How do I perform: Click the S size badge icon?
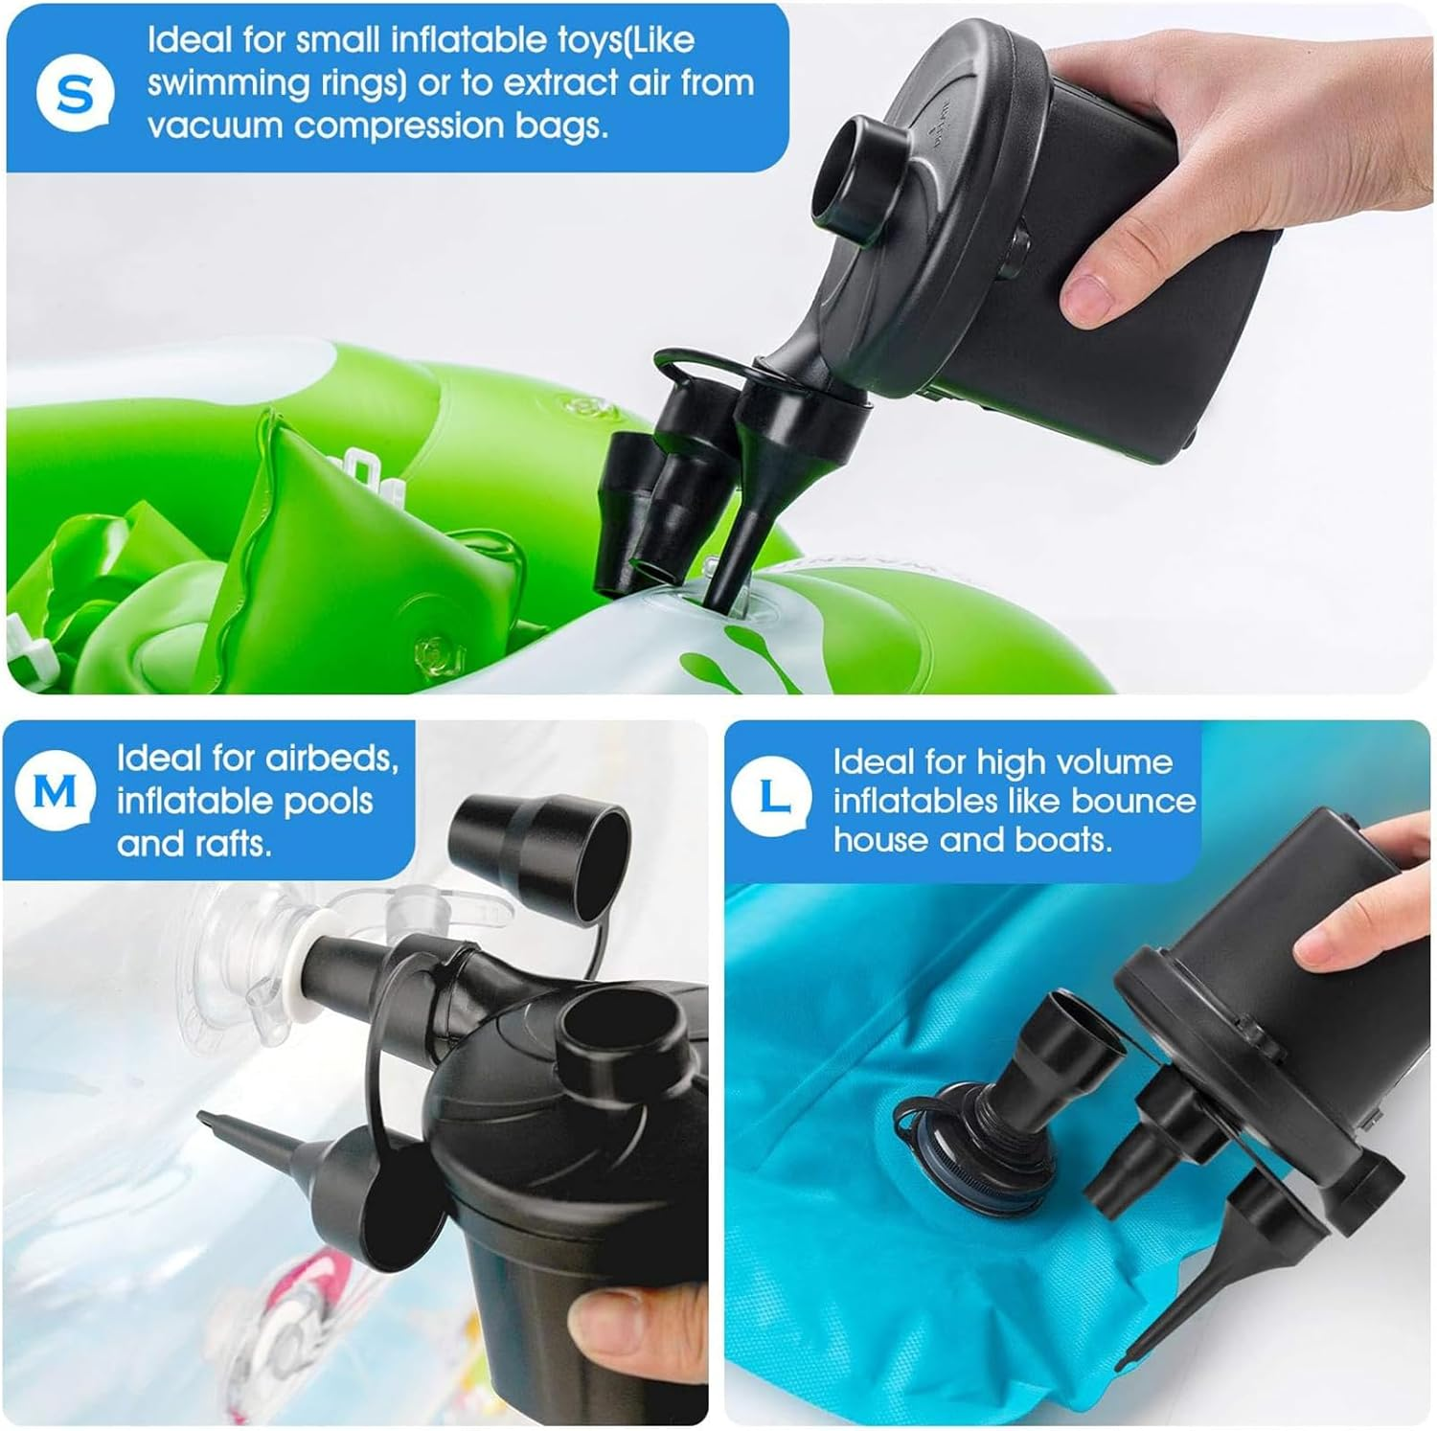coord(75,94)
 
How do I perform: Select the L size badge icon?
coord(771,796)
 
